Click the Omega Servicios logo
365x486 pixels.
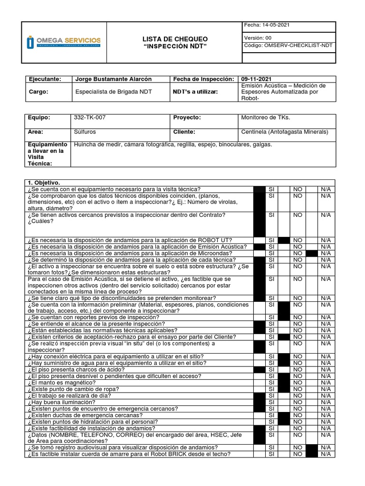[x=64, y=42]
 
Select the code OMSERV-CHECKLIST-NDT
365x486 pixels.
[x=288, y=46]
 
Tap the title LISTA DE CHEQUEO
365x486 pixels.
[x=175, y=38]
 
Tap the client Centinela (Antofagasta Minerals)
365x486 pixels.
[x=285, y=132]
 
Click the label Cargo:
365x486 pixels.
[x=38, y=92]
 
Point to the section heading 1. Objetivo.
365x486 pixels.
[x=44, y=182]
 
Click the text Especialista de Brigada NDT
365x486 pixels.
[x=114, y=92]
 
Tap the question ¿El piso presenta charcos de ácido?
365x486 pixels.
[x=76, y=369]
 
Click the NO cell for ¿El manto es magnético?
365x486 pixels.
[x=298, y=382]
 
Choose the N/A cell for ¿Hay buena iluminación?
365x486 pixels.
[x=326, y=402]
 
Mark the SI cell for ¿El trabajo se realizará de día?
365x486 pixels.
[x=271, y=395]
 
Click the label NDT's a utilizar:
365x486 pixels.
[x=195, y=92]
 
